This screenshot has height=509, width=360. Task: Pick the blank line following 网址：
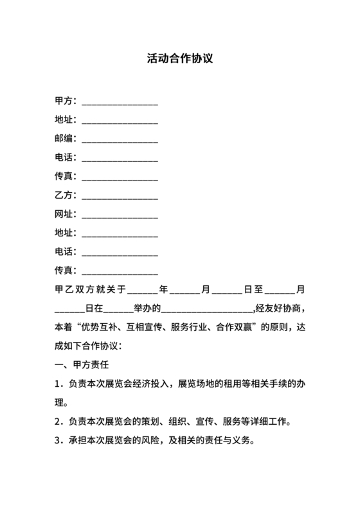(120, 215)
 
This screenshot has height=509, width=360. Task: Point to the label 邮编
(65, 138)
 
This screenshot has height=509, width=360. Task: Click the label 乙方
(65, 194)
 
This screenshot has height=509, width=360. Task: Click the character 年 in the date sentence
(164, 290)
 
